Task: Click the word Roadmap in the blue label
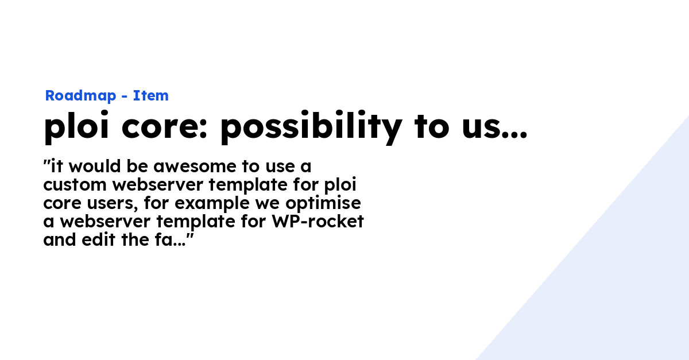(80, 96)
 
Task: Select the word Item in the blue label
(151, 96)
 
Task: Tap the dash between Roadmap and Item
(125, 96)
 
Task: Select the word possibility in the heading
(311, 128)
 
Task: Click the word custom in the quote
(75, 185)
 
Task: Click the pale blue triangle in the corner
(620, 287)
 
